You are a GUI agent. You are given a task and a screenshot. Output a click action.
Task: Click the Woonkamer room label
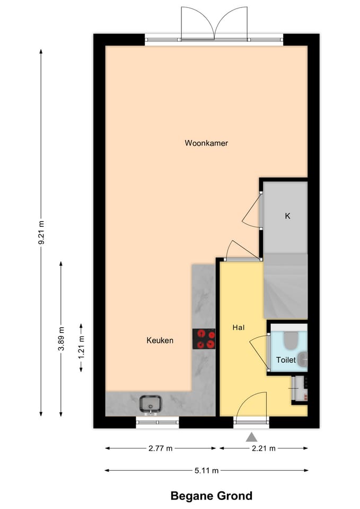tap(206, 143)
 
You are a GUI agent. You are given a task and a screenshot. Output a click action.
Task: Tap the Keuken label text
tap(160, 340)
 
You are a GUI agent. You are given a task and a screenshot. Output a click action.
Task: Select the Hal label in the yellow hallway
tap(238, 328)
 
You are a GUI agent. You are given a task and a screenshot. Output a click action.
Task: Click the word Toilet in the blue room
tap(286, 359)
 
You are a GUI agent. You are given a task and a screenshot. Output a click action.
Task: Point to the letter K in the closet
tap(287, 216)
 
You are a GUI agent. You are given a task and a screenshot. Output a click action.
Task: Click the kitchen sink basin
tap(152, 404)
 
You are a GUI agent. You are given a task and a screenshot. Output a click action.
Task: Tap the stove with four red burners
tap(204, 339)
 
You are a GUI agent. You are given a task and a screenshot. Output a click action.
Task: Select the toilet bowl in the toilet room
tap(290, 340)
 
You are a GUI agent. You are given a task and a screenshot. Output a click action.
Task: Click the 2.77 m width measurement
tap(160, 449)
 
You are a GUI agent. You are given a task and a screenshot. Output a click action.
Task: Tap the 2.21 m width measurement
tap(263, 449)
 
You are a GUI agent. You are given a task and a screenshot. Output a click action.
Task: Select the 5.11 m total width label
tap(206, 470)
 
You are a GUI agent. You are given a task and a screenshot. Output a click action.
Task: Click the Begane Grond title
tap(211, 496)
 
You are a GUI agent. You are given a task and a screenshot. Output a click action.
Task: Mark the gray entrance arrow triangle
tap(251, 437)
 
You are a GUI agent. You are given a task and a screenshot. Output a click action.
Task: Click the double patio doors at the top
tap(214, 24)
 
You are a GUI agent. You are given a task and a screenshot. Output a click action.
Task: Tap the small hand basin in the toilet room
tap(302, 360)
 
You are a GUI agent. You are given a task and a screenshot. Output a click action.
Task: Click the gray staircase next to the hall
tap(286, 286)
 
